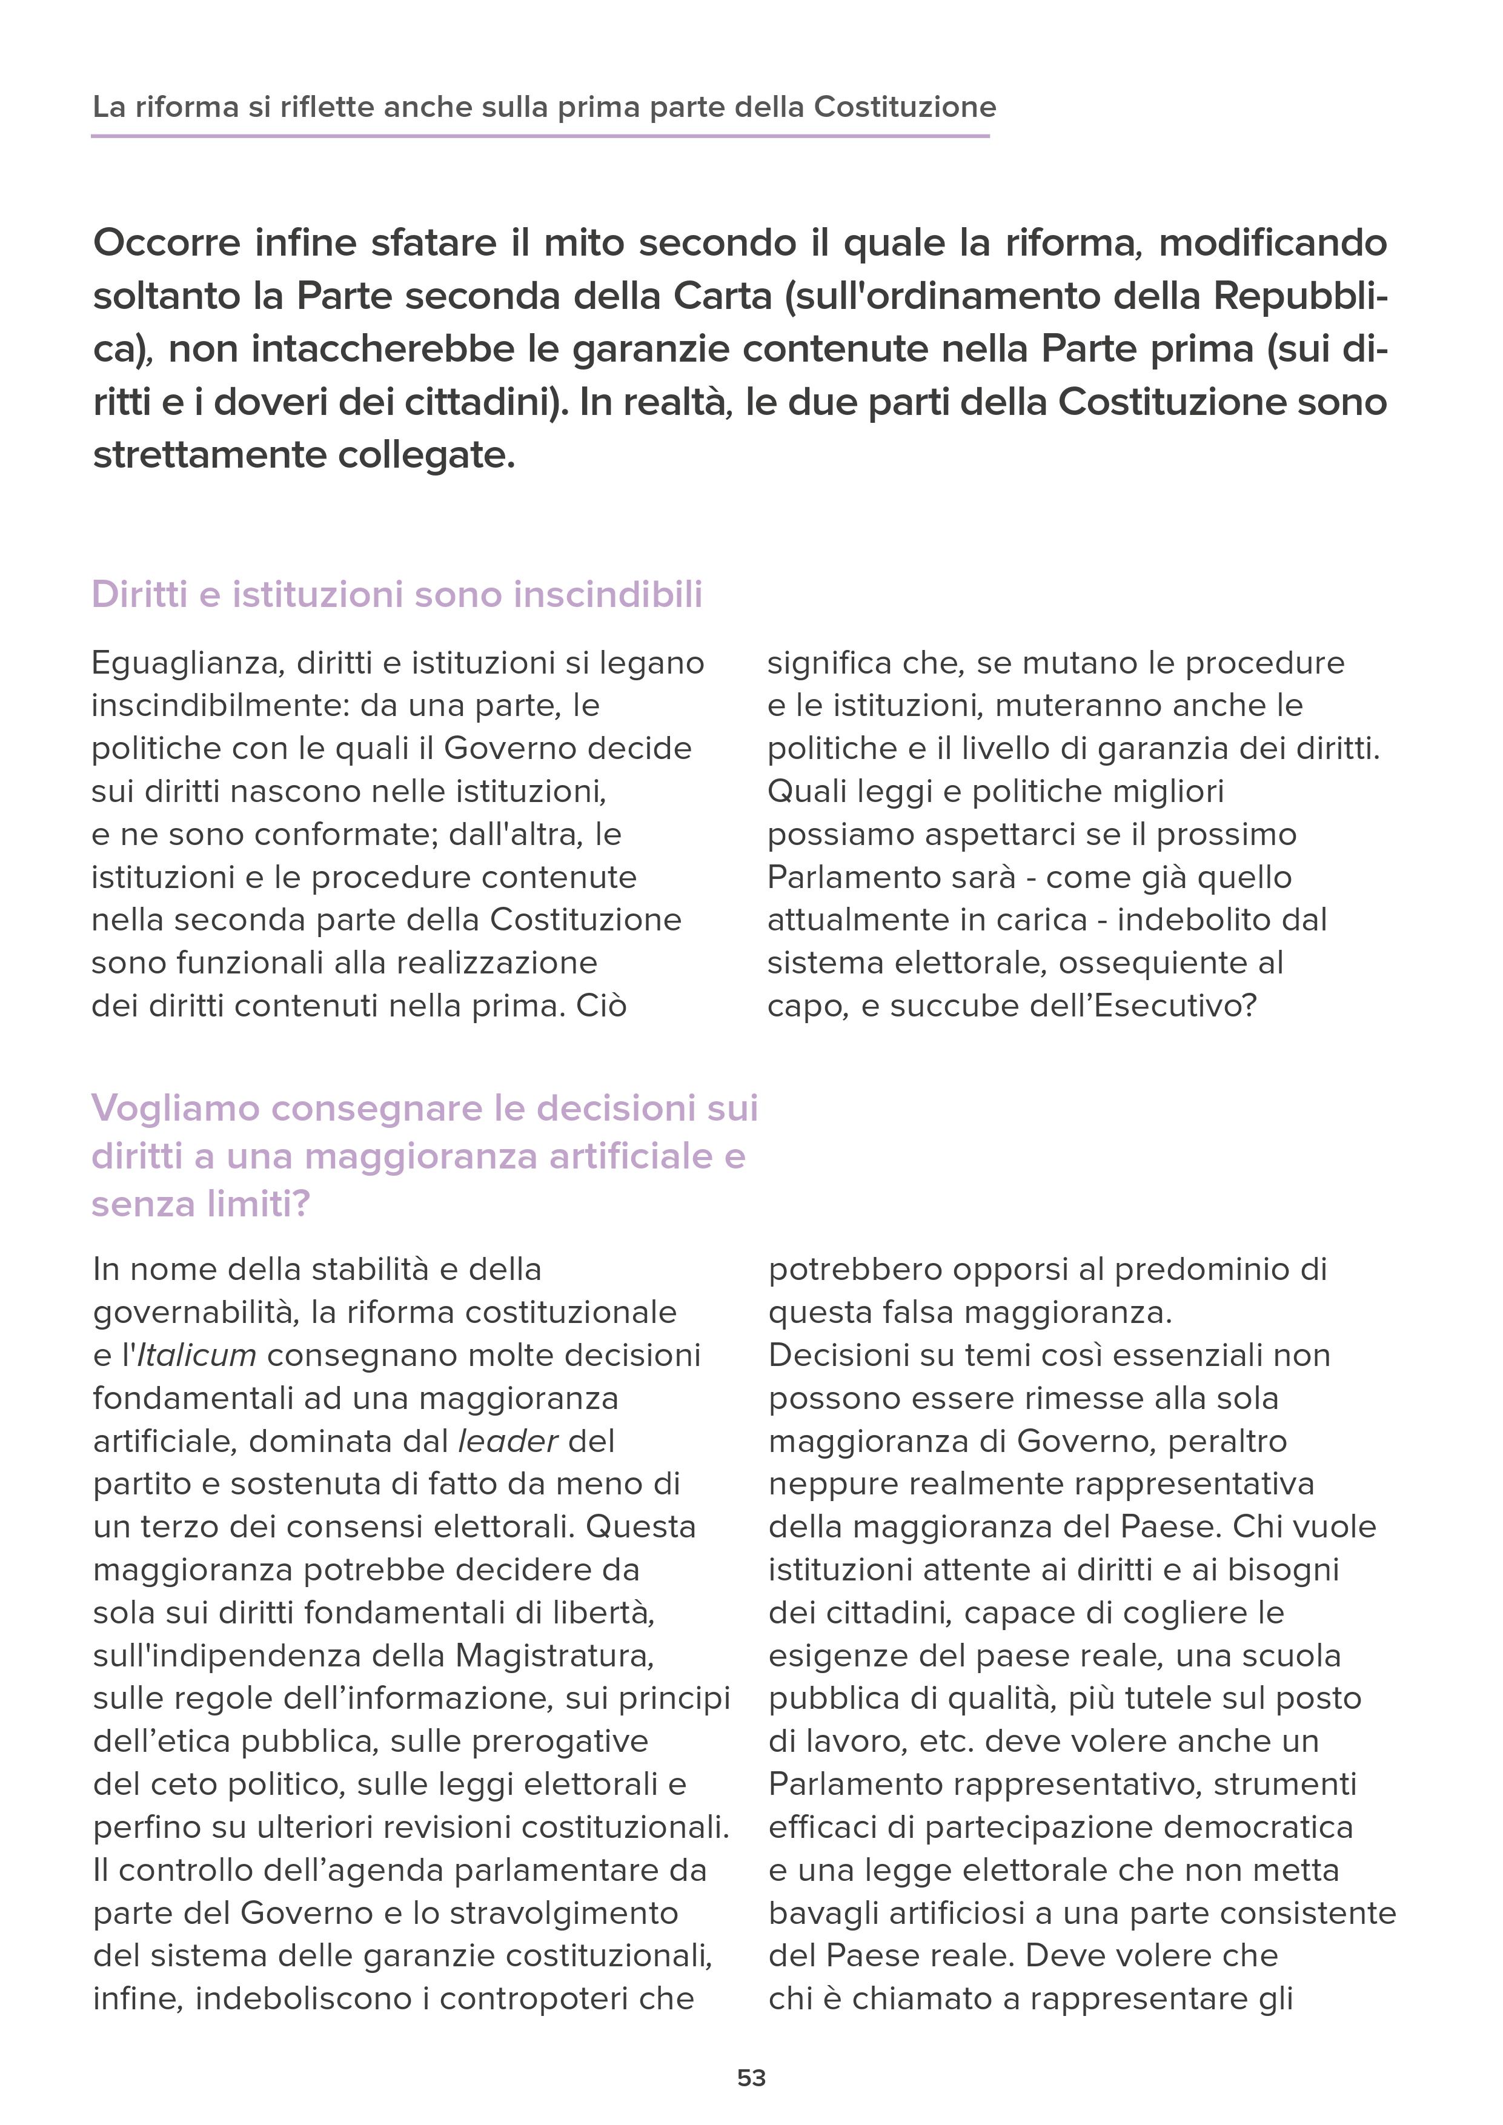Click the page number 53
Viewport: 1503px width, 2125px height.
coord(751,2078)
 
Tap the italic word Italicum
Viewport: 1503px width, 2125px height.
coord(197,1355)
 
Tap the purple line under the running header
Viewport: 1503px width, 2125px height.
coord(540,137)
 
